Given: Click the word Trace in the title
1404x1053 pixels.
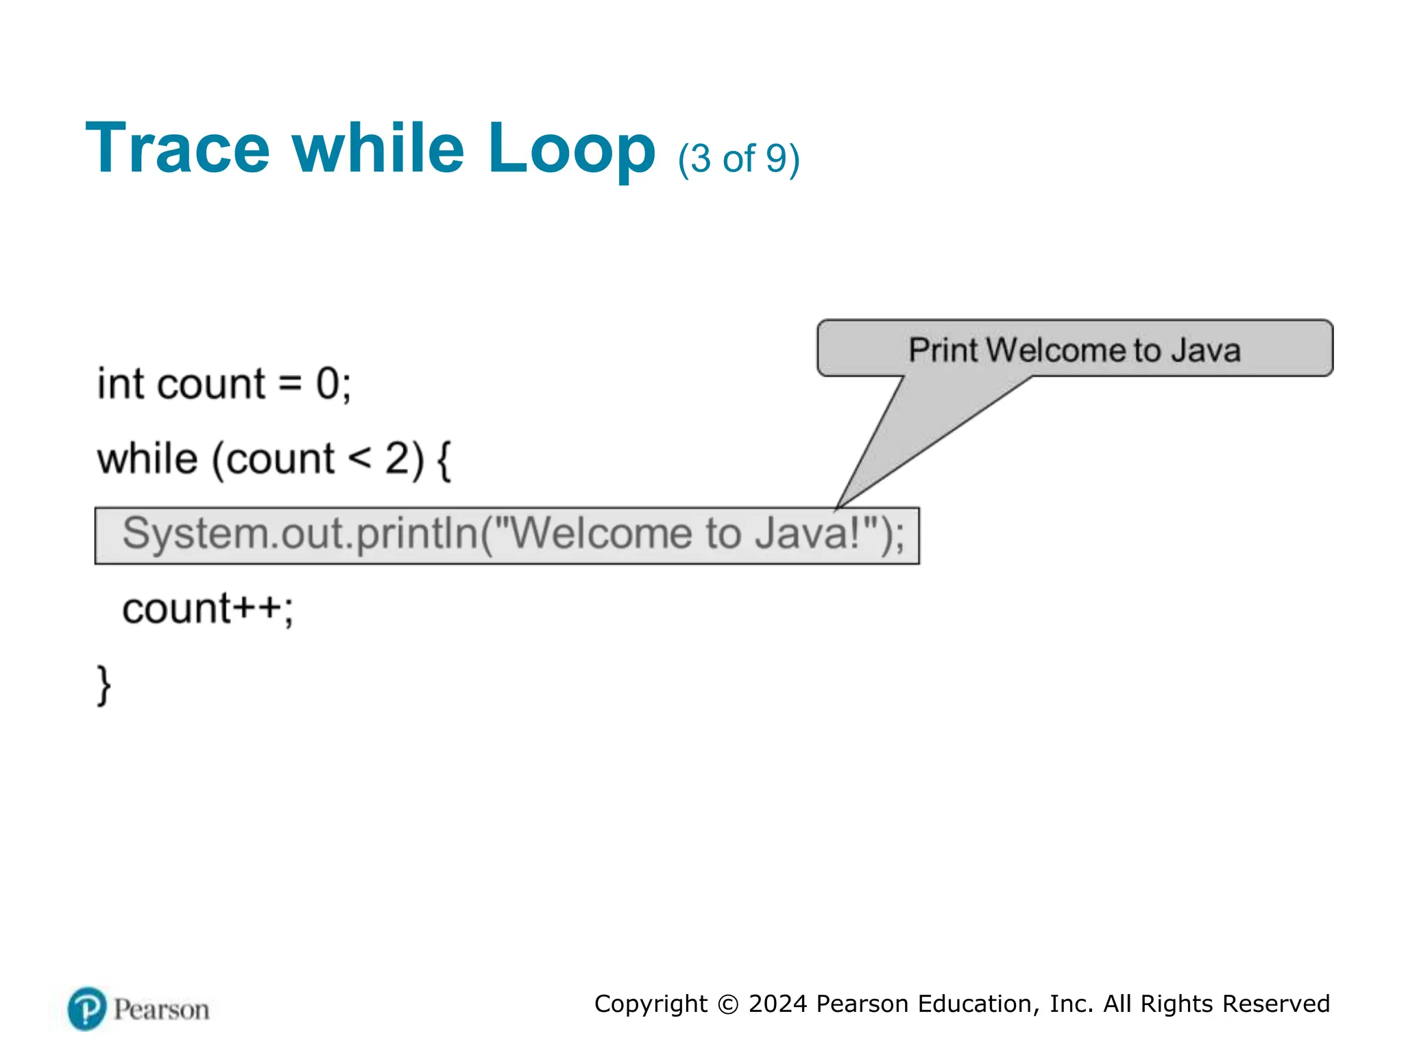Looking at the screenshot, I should point(177,148).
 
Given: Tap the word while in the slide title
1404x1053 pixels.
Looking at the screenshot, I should point(378,148).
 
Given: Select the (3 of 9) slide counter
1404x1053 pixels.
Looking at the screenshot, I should point(738,159).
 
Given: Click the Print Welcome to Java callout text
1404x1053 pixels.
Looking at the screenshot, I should point(1074,350).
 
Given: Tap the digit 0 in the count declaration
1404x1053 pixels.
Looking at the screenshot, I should point(328,384).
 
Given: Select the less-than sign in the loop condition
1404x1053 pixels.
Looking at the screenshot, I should point(359,458).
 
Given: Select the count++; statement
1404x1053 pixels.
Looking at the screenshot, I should point(207,609).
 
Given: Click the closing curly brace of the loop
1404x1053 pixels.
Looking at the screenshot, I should point(104,684).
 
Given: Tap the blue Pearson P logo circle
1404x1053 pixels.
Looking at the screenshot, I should point(87,1008).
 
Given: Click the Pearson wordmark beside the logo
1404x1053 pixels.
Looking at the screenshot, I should point(161,1010).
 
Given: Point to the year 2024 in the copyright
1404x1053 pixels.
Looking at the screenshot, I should point(777,1004).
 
